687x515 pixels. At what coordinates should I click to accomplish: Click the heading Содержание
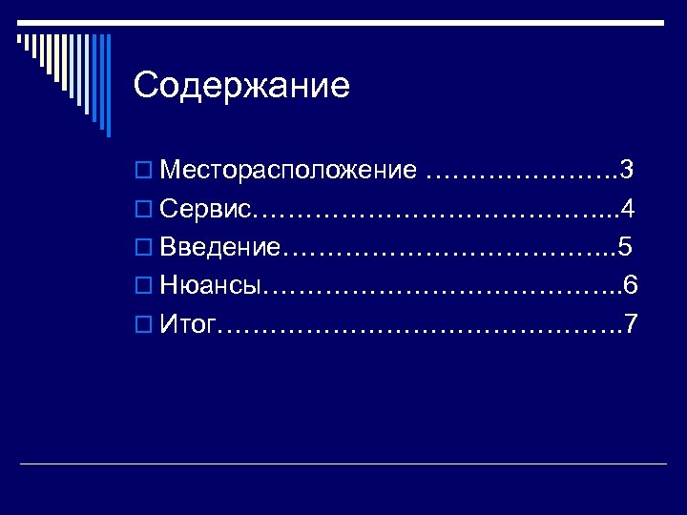242,87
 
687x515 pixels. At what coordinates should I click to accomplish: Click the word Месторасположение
289,171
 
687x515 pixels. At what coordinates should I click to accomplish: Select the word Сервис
205,210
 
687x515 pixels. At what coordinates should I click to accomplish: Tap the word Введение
220,248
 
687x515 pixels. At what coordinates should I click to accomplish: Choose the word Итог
188,325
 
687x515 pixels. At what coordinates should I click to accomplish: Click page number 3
627,171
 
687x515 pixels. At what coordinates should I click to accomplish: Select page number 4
628,210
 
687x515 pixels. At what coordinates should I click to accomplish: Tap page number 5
625,248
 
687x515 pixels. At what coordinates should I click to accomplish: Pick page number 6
631,286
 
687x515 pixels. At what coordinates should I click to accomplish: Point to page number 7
630,325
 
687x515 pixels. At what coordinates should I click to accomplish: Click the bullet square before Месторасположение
142,172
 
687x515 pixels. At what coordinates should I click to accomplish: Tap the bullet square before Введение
142,249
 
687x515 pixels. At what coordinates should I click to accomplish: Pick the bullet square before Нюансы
142,287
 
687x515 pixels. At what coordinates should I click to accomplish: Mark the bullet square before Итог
142,326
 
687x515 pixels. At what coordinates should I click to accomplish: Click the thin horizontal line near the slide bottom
343,463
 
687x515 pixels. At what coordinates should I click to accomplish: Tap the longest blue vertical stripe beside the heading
108,85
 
